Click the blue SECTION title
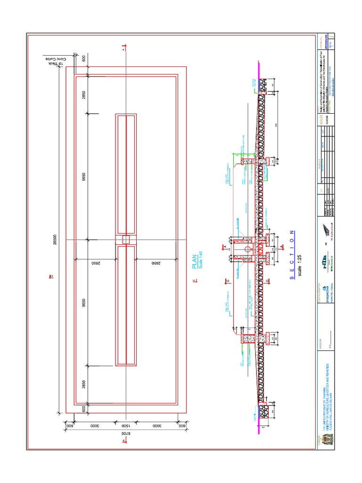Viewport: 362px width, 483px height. pyautogui.click(x=292, y=255)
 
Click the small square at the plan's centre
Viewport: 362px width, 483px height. pyautogui.click(x=126, y=240)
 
